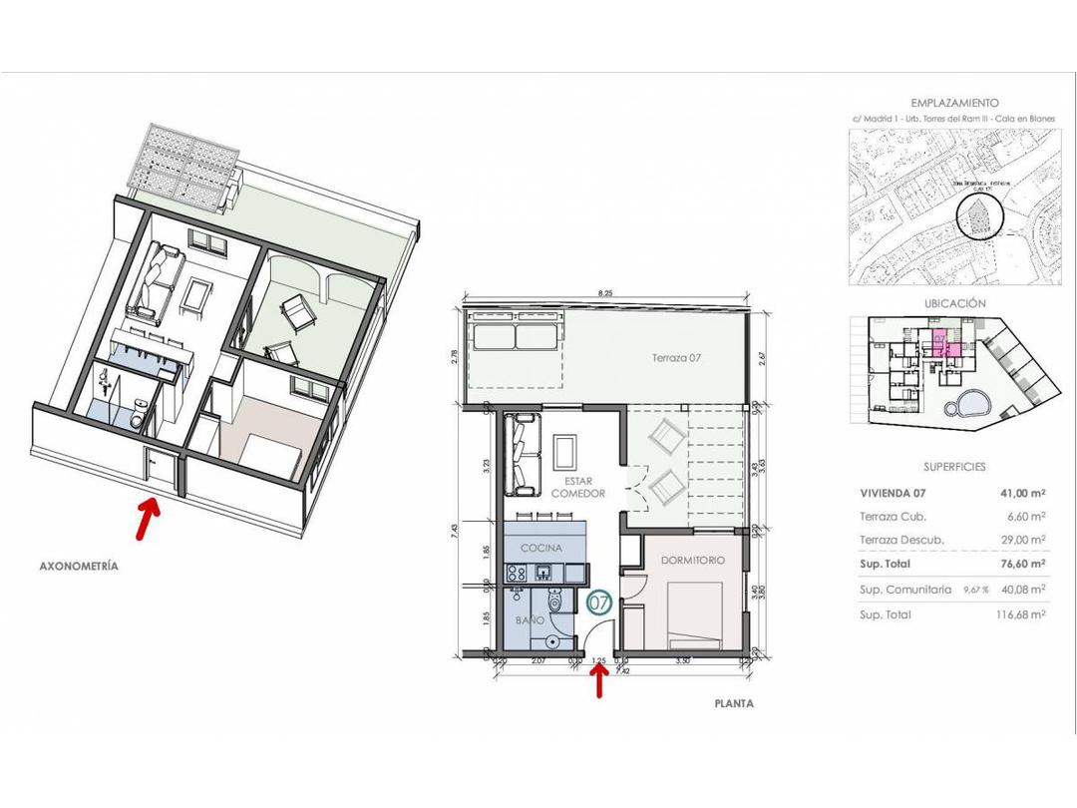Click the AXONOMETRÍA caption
[x=78, y=566]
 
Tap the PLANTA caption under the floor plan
[x=733, y=703]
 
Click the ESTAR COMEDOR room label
[x=579, y=487]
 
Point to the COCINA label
[x=540, y=548]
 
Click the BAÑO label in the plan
[x=530, y=619]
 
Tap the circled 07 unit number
[x=598, y=603]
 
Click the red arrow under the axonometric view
[x=149, y=516]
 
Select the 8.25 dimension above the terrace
[x=605, y=293]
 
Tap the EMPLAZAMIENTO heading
[x=954, y=103]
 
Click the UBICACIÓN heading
[x=954, y=303]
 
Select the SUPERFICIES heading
[x=954, y=466]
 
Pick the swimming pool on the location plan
[x=966, y=405]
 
